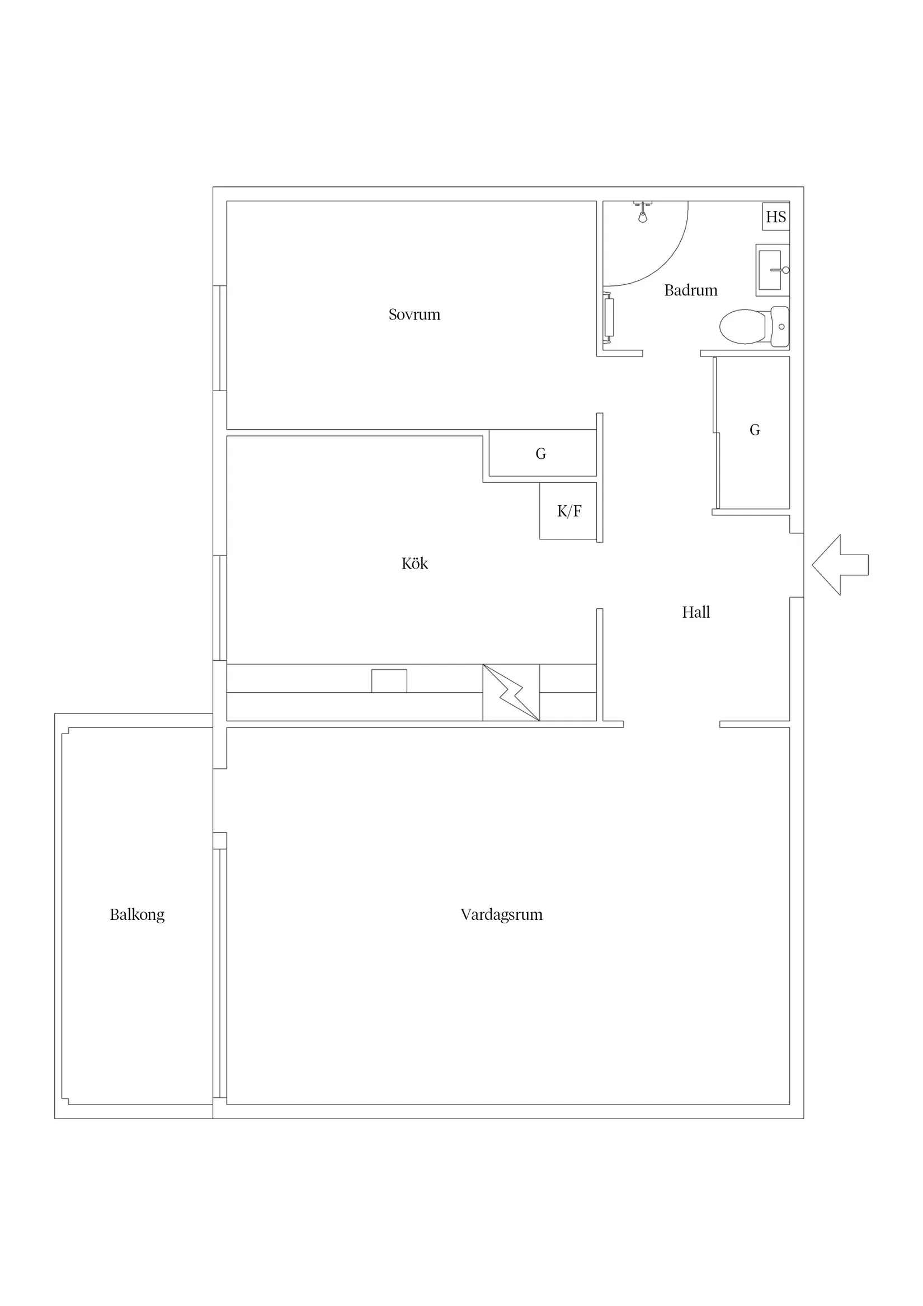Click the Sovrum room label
(x=414, y=314)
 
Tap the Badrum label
(x=690, y=290)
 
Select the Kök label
(x=415, y=563)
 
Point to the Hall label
(x=695, y=612)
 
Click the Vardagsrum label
(x=501, y=915)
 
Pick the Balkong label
(x=137, y=915)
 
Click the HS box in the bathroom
(x=776, y=217)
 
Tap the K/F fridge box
(x=568, y=511)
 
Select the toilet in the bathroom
(x=754, y=327)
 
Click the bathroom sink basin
(x=773, y=270)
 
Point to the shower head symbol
(x=643, y=212)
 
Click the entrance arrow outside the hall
(x=840, y=565)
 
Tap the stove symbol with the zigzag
(x=511, y=692)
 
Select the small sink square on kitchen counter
(x=389, y=681)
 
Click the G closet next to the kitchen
(x=543, y=453)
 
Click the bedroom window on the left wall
(x=219, y=338)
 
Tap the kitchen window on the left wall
(x=219, y=608)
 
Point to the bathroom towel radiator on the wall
(x=609, y=317)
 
